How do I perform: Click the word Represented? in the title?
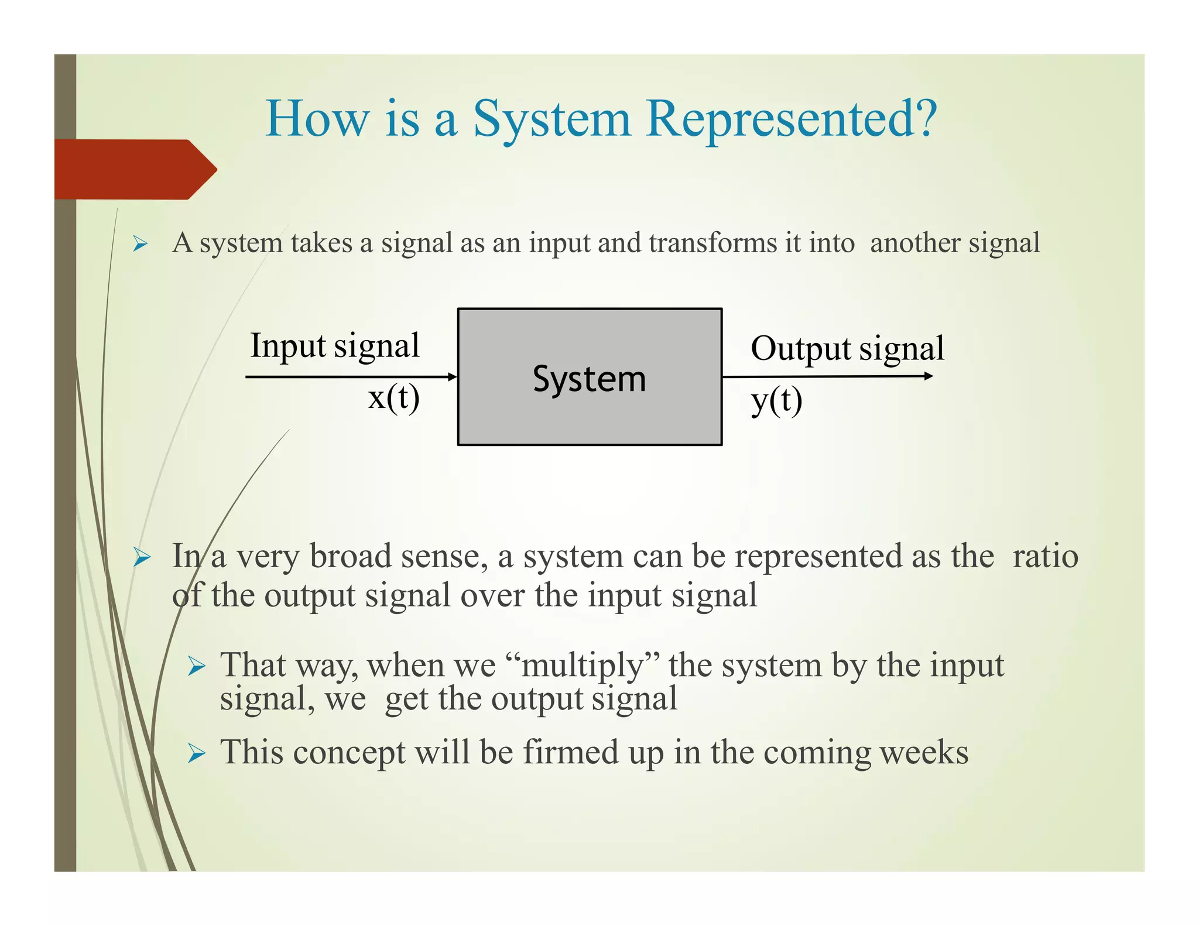(x=792, y=118)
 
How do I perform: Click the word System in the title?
(x=551, y=119)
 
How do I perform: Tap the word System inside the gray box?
(x=589, y=379)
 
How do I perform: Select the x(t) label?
(x=393, y=398)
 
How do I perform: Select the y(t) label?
(x=776, y=401)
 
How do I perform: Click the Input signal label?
(x=335, y=345)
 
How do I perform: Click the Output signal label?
(x=847, y=348)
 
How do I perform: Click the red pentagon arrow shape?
(x=135, y=170)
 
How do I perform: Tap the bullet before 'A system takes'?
(x=139, y=243)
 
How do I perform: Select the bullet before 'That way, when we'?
(x=196, y=667)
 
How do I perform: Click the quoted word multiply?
(x=582, y=666)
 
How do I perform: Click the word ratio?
(x=1045, y=555)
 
